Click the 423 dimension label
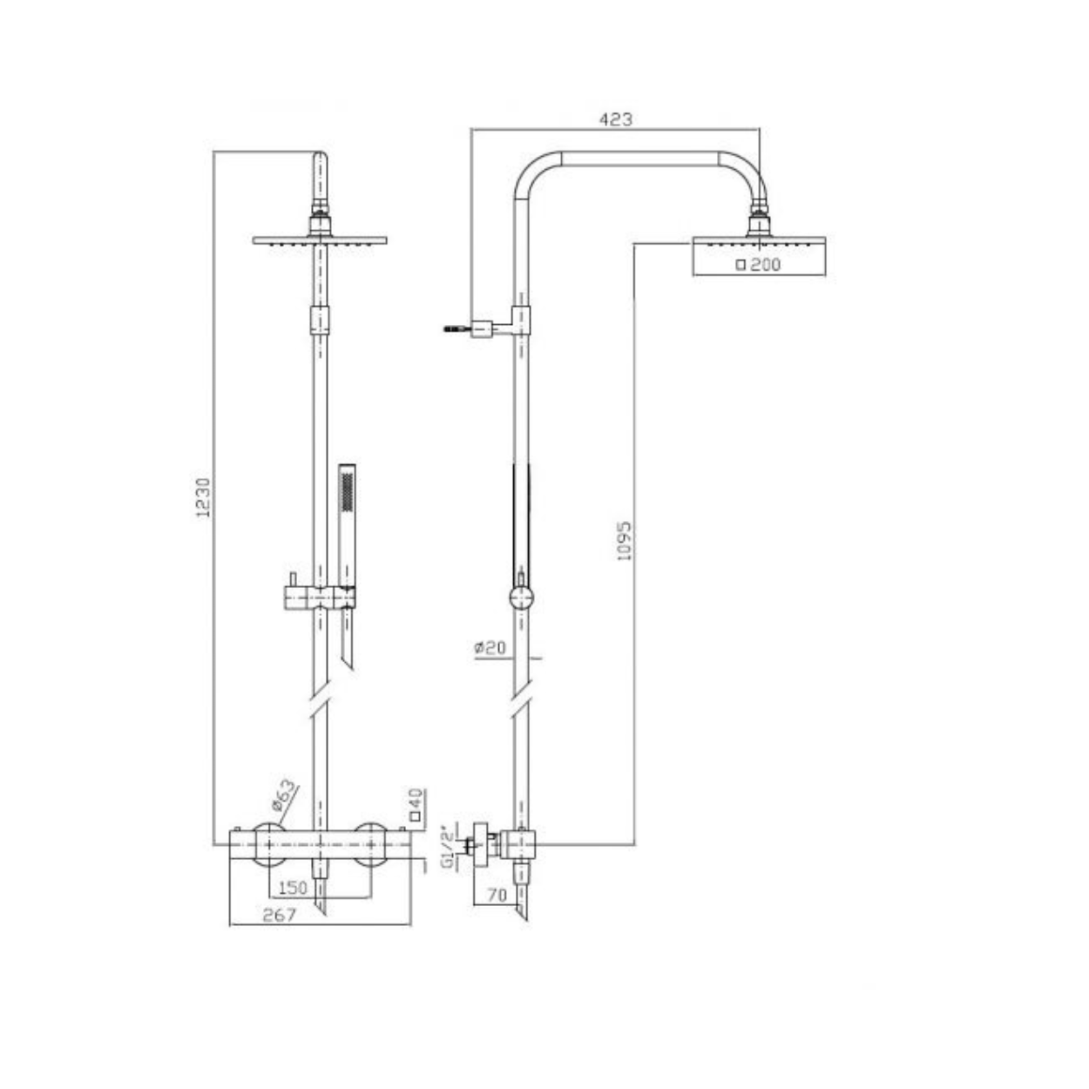[x=615, y=119]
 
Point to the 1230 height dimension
[x=203, y=497]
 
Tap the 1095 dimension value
[x=624, y=540]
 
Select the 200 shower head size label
[x=759, y=265]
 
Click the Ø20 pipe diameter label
[x=490, y=647]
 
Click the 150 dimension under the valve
[x=293, y=887]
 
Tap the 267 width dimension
[x=279, y=915]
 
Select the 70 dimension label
[x=497, y=895]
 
